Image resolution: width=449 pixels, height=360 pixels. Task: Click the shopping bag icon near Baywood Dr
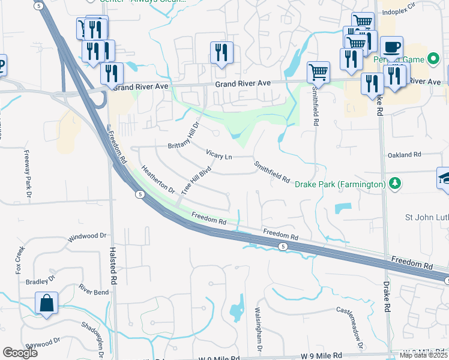coord(46,304)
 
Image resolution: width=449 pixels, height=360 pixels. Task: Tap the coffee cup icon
coord(391,47)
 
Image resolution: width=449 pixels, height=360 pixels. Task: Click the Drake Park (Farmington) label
coord(340,184)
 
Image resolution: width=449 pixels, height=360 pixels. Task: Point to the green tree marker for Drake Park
coord(394,183)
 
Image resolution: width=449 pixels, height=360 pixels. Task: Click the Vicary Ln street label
coord(219,155)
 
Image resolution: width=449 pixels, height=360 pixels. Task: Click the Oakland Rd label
coord(405,155)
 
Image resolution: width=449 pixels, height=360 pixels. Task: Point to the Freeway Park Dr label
coord(28,172)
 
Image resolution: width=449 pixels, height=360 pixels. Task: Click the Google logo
coord(20,353)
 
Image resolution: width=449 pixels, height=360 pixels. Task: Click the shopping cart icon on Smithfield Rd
coord(318,72)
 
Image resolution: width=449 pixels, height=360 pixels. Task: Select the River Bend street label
coord(93,292)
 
